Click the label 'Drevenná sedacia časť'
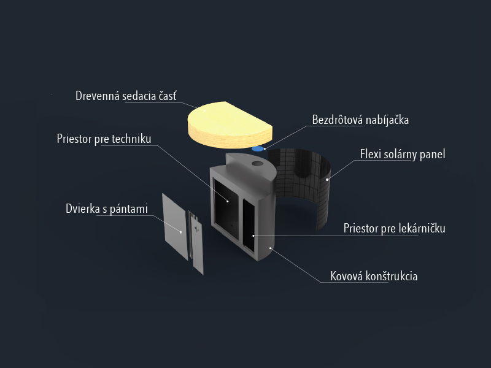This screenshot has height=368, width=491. click(126, 96)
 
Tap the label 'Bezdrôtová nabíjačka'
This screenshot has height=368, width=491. click(360, 120)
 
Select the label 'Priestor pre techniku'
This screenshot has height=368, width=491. click(104, 139)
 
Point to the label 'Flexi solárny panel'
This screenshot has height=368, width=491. click(403, 154)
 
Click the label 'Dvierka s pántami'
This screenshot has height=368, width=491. click(107, 209)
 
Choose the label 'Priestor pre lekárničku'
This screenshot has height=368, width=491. click(394, 228)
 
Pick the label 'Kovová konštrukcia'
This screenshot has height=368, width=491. click(374, 276)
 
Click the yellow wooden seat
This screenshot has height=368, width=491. click(230, 125)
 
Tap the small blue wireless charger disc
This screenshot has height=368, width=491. click(258, 148)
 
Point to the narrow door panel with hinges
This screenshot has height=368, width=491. click(196, 242)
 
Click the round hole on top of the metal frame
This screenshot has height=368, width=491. click(257, 163)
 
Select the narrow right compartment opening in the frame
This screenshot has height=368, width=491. click(249, 225)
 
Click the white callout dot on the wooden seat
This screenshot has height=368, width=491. click(205, 110)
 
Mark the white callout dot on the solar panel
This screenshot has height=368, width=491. click(327, 180)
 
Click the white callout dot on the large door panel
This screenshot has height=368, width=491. click(180, 232)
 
